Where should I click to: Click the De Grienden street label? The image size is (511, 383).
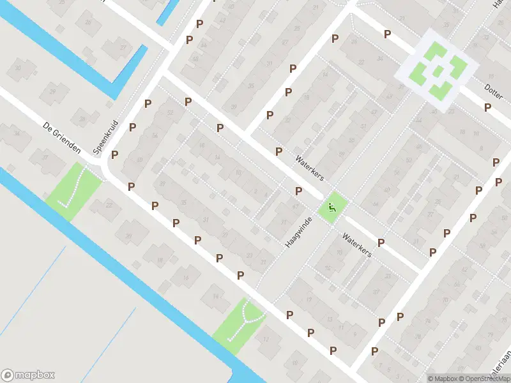(62, 138)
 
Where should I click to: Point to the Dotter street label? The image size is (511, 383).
(493, 93)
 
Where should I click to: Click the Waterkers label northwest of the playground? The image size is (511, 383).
(310, 167)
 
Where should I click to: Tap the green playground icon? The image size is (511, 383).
(331, 207)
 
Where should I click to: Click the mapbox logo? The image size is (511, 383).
(28, 375)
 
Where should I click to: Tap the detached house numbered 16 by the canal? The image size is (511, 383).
(185, 276)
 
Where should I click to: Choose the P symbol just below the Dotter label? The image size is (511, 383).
(488, 107)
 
